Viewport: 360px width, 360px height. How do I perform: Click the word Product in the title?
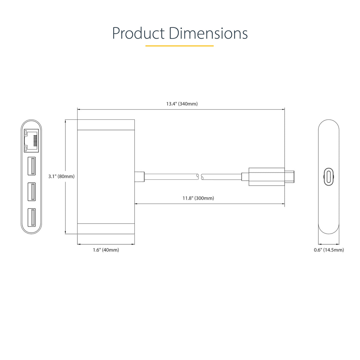pyautogui.click(x=138, y=34)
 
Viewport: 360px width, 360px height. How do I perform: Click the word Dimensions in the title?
pyautogui.click(x=208, y=33)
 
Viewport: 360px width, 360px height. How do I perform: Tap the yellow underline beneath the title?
pyautogui.click(x=180, y=46)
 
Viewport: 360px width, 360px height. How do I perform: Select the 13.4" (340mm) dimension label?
pyautogui.click(x=182, y=104)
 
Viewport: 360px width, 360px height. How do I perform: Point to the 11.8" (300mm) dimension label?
pyautogui.click(x=198, y=198)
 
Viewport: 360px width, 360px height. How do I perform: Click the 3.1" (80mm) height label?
pyautogui.click(x=61, y=176)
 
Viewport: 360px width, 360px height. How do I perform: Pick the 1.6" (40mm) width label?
pyautogui.click(x=106, y=250)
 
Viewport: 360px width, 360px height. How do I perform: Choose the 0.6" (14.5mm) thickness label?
pyautogui.click(x=329, y=250)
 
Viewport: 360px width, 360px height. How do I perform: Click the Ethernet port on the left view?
pyautogui.click(x=31, y=141)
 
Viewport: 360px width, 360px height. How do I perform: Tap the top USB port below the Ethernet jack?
pyautogui.click(x=32, y=166)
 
